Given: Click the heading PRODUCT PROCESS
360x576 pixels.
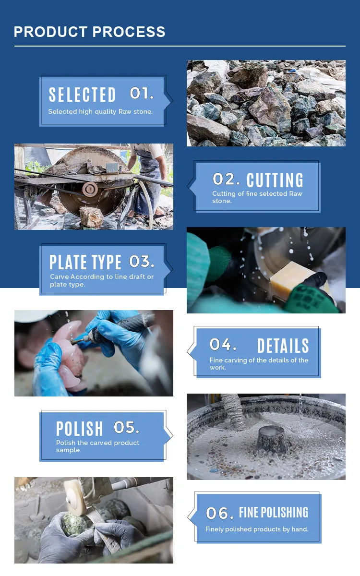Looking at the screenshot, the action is pyautogui.click(x=89, y=32).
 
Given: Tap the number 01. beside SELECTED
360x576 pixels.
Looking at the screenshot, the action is pyautogui.click(x=142, y=93).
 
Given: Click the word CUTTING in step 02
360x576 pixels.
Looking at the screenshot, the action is pyautogui.click(x=275, y=180).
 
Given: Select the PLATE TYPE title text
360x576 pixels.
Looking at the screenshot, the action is pyautogui.click(x=85, y=262).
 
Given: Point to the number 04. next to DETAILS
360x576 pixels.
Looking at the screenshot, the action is pyautogui.click(x=223, y=344).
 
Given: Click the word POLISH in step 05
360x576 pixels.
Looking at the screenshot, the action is pyautogui.click(x=80, y=429).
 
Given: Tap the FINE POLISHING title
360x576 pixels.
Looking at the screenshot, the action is pyautogui.click(x=274, y=512).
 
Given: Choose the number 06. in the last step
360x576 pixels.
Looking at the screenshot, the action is pyautogui.click(x=220, y=513).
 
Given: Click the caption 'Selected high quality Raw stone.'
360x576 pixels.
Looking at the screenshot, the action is pyautogui.click(x=100, y=111).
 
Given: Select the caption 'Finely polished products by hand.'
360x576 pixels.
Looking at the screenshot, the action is pyautogui.click(x=257, y=529).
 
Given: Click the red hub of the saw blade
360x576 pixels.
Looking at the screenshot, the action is pyautogui.click(x=90, y=189).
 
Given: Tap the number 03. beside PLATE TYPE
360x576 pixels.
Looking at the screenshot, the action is pyautogui.click(x=142, y=262).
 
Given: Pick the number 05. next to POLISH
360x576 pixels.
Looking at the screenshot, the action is pyautogui.click(x=127, y=427).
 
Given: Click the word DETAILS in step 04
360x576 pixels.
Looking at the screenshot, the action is pyautogui.click(x=283, y=346).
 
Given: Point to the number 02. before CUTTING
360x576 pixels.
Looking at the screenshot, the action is pyautogui.click(x=226, y=179).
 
